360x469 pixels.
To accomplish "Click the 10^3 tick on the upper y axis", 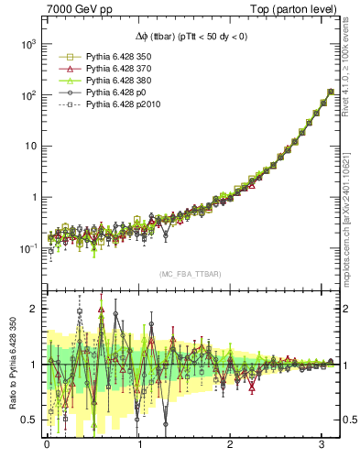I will [28, 44].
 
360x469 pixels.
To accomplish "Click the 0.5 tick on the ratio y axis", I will [30, 420].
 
